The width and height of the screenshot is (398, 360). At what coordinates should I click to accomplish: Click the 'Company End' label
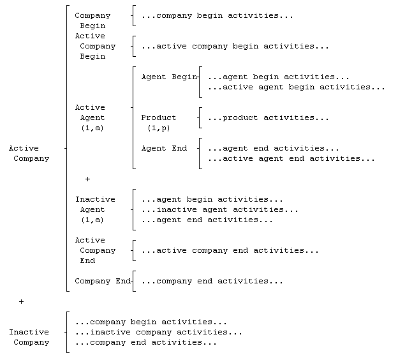pos(103,281)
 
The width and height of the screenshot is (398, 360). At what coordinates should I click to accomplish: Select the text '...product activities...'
pos(268,117)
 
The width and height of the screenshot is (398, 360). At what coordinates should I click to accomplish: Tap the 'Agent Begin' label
pos(169,77)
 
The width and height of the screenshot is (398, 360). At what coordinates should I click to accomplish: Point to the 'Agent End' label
pos(164,148)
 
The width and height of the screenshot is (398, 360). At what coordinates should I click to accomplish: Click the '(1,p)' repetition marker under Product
pos(159,128)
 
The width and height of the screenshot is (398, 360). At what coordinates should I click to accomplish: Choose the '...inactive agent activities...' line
pos(220,209)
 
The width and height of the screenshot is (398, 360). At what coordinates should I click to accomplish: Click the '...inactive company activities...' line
pos(159,332)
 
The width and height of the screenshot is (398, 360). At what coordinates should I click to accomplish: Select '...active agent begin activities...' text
pos(296,87)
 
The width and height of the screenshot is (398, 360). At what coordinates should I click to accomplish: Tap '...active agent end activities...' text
pos(291,158)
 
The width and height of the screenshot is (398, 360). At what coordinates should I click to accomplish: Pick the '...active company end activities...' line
pos(230,250)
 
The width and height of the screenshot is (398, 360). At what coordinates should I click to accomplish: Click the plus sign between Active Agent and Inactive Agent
pos(87,179)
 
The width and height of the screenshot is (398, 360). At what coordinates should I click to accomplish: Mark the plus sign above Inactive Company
pos(21,301)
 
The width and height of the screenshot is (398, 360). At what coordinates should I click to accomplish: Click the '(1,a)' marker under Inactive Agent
pos(92,220)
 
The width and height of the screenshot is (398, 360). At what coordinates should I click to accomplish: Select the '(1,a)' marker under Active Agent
pos(92,128)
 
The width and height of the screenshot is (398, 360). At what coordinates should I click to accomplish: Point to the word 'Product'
pos(159,117)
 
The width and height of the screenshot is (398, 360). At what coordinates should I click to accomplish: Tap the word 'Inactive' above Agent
pos(95,199)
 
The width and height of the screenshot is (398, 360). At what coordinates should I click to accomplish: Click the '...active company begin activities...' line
pos(235,46)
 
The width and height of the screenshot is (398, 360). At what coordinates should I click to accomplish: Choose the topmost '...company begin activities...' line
pos(217,15)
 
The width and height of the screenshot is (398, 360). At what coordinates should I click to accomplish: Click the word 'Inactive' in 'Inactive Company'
pos(29,332)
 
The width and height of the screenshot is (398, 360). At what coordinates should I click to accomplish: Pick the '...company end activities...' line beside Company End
pos(212,281)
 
